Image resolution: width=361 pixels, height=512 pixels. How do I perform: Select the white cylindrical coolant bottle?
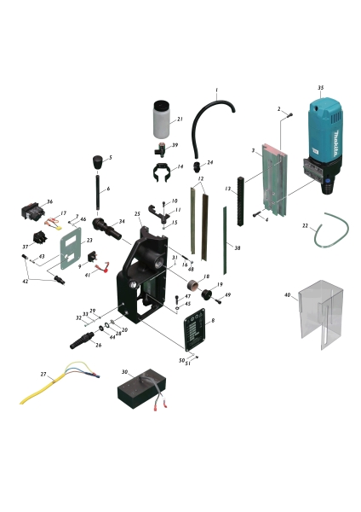coord(161,122)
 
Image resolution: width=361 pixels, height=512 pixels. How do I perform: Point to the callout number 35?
coord(320,88)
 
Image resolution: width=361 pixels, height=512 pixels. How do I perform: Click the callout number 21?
coord(180,120)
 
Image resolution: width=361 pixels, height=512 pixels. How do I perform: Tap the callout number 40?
coord(287,295)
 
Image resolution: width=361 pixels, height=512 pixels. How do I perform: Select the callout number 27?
coord(43,374)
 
